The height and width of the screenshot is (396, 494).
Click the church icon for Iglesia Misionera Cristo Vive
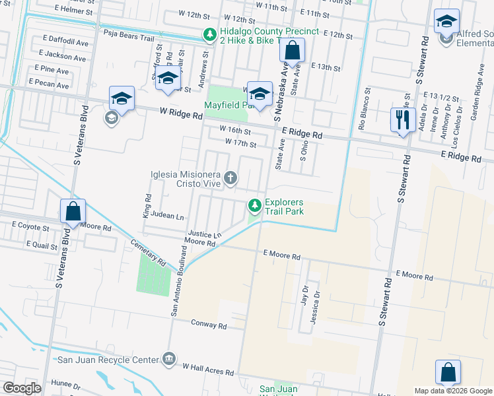tap(230, 177)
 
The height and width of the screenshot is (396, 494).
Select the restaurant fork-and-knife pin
tap(403, 121)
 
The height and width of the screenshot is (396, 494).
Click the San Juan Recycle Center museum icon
tap(169, 359)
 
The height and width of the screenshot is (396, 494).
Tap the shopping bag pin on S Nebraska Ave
tap(293, 49)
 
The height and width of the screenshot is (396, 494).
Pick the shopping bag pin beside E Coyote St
tap(73, 212)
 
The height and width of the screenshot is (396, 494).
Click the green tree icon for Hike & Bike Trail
tap(209, 36)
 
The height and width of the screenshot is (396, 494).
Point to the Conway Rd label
tap(209, 325)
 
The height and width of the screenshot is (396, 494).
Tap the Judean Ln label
tap(165, 216)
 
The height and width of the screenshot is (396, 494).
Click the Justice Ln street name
tap(204, 234)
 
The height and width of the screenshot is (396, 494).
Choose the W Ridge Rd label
tap(180, 114)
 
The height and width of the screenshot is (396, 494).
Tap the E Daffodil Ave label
tap(65, 42)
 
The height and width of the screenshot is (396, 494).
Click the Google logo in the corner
tap(22, 388)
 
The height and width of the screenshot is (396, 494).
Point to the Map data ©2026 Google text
tap(452, 391)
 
